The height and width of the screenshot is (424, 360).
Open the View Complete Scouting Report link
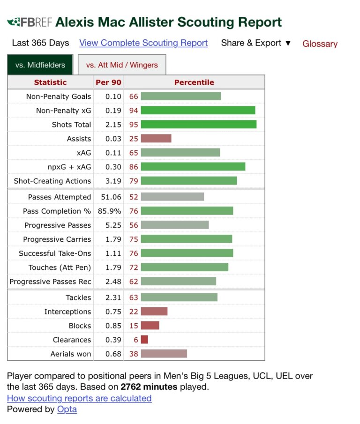point(143,43)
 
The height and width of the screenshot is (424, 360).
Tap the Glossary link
point(320,44)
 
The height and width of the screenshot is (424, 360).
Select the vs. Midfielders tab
point(40,65)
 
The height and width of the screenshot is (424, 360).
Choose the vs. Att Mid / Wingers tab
point(122,65)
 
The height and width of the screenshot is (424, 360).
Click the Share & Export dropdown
point(256,43)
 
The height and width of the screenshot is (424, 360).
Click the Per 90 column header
point(108,82)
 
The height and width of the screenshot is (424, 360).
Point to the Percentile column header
point(194,82)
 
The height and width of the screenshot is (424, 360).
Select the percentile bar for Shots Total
point(198,125)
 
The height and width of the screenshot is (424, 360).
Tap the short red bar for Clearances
point(144,340)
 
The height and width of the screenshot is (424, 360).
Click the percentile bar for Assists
point(156,139)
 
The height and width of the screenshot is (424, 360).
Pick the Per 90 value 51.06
point(109,197)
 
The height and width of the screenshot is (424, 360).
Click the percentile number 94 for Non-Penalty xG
point(134,111)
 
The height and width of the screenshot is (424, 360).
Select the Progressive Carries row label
point(57,239)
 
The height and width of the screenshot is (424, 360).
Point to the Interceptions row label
point(67,312)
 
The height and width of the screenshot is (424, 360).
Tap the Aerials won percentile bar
point(164,354)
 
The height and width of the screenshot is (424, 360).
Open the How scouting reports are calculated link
point(79,398)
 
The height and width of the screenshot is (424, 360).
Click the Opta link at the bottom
point(67,409)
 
